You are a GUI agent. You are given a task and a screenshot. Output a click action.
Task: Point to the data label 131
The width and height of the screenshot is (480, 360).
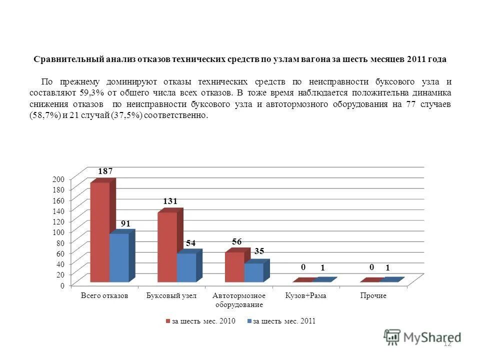pos(170,201)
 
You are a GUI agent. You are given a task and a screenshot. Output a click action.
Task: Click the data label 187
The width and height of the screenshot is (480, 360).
pos(105,171)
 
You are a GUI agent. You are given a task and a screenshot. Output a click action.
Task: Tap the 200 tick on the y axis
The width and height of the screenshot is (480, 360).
pos(58,179)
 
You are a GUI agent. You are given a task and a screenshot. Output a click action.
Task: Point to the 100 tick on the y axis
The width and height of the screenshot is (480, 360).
pos(58,232)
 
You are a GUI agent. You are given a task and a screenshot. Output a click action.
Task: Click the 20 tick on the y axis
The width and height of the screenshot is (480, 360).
pos(60,274)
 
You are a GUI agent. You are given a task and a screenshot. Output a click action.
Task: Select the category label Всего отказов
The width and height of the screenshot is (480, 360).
pos(104,296)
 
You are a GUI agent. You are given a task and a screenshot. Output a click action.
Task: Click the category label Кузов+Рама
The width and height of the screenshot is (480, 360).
pos(306,296)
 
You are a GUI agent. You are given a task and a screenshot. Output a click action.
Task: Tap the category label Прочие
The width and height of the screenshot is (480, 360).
pos(373,296)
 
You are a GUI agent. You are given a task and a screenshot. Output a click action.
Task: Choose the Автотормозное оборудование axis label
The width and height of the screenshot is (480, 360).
pos(239,300)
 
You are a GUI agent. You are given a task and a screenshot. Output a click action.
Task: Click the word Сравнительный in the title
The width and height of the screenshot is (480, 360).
pos(65,59)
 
